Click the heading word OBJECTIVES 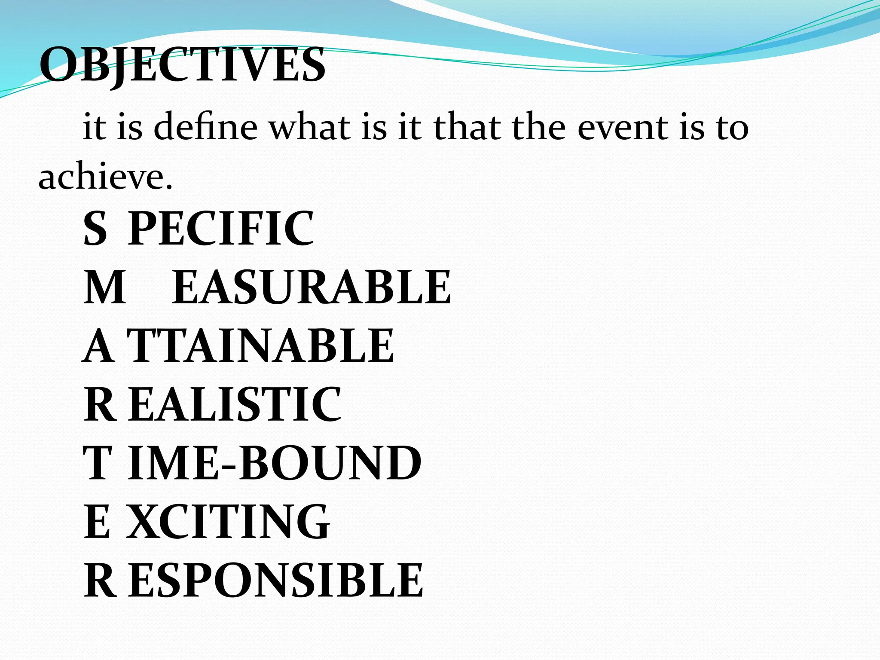(182, 65)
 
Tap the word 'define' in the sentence (205, 128)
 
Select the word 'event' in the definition (623, 128)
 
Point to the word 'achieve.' (105, 177)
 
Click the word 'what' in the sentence (309, 128)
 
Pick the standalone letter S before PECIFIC (95, 229)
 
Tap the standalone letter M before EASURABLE (104, 287)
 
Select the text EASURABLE (312, 287)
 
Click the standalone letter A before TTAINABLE (98, 346)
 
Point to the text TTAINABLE (260, 346)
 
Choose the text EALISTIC (235, 404)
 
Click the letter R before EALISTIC (100, 404)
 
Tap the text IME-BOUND (275, 463)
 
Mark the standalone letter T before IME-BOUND (98, 463)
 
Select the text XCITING (228, 522)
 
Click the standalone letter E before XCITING (97, 522)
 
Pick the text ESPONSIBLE (276, 581)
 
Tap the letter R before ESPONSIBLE (100, 581)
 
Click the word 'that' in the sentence (467, 128)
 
